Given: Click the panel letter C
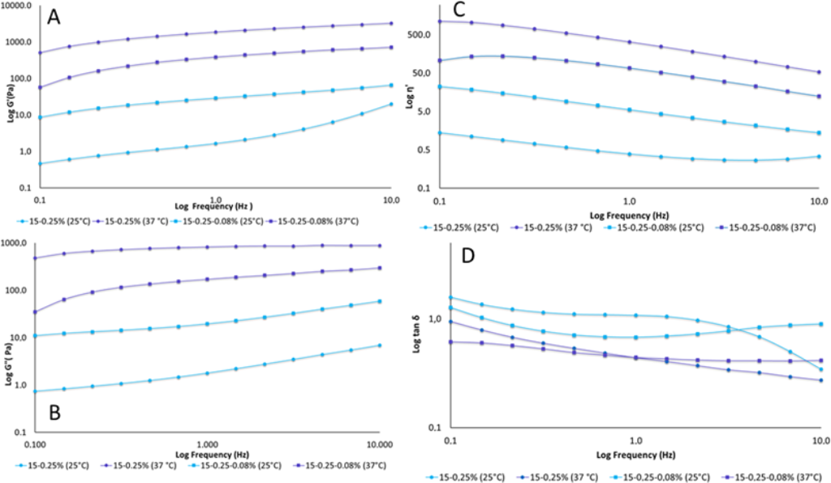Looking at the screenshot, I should pyautogui.click(x=459, y=11).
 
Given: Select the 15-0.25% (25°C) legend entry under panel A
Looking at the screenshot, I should pyautogui.click(x=59, y=220).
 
